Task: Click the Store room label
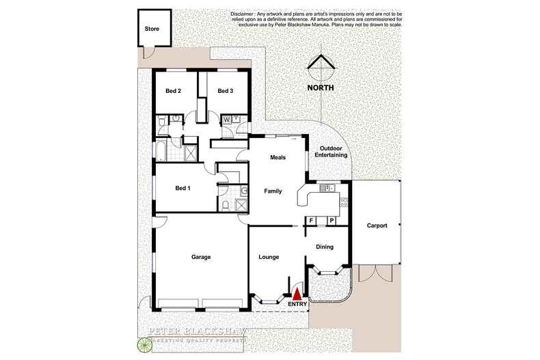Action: (x=152, y=29)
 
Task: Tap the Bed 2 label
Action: (x=174, y=91)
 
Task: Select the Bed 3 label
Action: (x=226, y=91)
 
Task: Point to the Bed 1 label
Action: (x=183, y=188)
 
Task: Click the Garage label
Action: (x=200, y=257)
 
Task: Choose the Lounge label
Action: (x=269, y=257)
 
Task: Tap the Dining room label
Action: (x=323, y=248)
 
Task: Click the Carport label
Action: (x=377, y=225)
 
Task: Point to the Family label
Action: (x=273, y=192)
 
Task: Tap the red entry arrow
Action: (x=297, y=294)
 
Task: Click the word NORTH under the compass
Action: (x=319, y=87)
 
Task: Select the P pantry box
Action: (x=332, y=221)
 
